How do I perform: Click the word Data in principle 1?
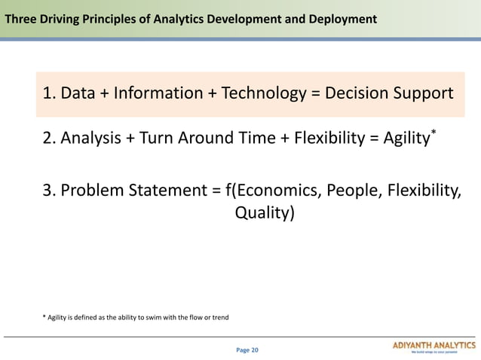pyautogui.click(x=76, y=94)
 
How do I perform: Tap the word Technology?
pyautogui.click(x=262, y=94)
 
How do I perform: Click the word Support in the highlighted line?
pyautogui.click(x=425, y=94)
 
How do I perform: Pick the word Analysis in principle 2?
pyautogui.click(x=93, y=139)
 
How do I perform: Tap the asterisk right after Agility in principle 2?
pyautogui.click(x=434, y=134)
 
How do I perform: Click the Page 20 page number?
pyautogui.click(x=247, y=350)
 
